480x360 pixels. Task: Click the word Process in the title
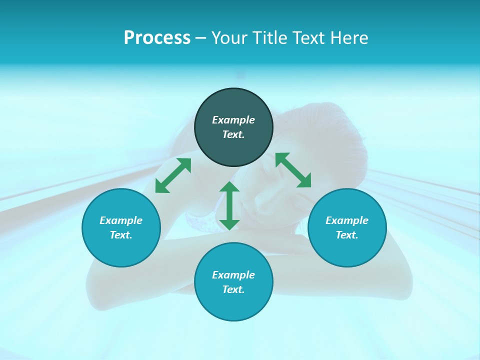157,38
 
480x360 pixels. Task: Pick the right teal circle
347,253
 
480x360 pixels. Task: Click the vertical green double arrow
229,205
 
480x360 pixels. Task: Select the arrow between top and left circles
173,175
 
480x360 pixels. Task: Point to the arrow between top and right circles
293,170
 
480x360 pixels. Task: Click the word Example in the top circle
233,120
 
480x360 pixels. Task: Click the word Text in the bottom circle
233,289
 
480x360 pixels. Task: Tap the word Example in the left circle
121,220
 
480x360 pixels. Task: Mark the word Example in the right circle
347,220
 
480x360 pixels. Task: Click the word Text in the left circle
120,235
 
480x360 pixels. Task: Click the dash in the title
200,38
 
